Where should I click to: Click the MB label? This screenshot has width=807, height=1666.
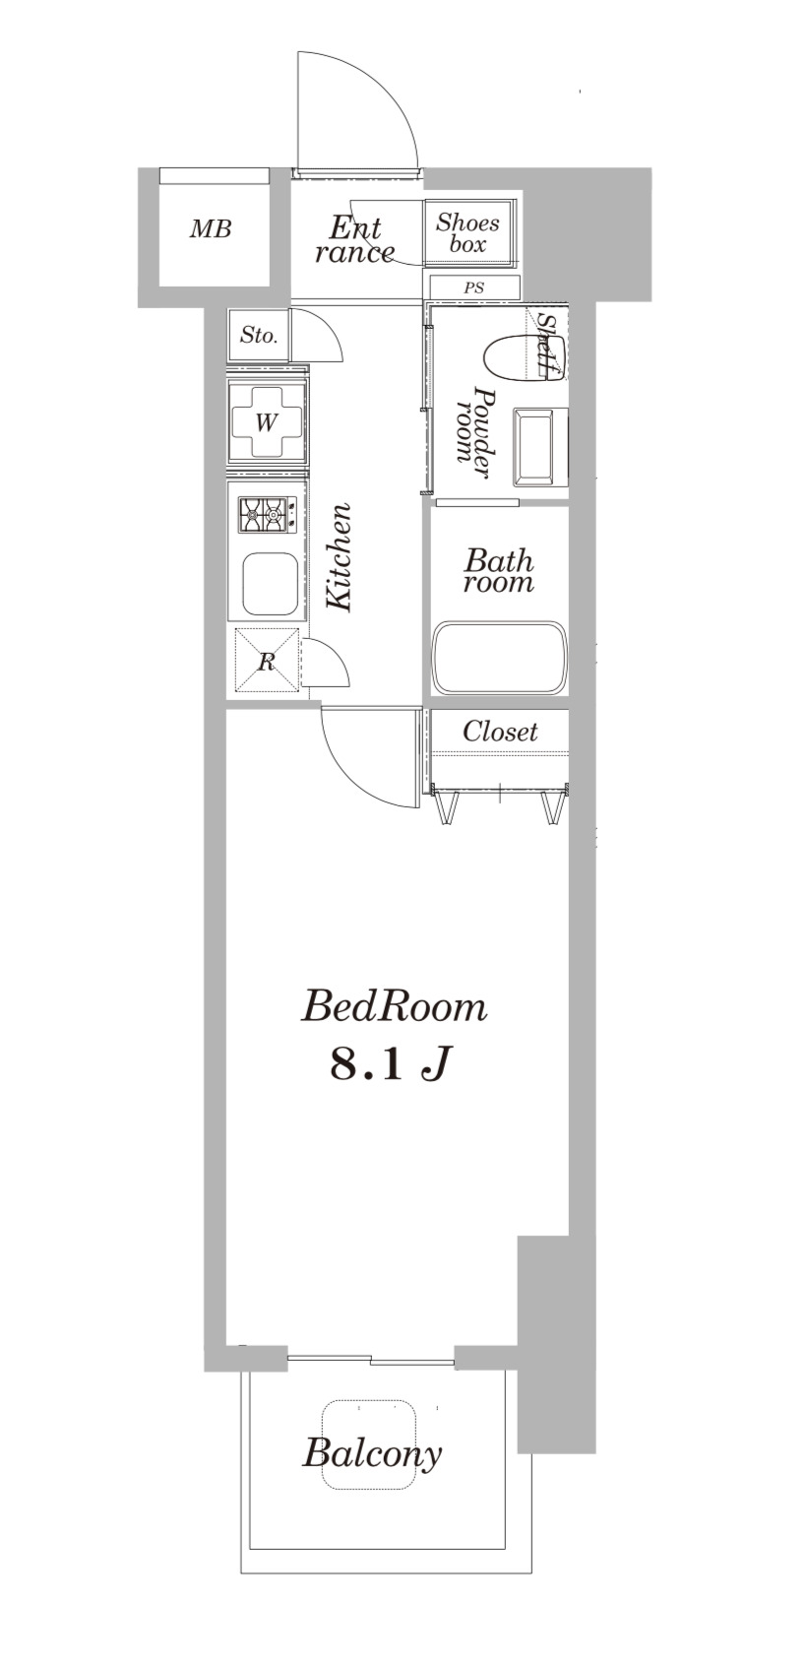[211, 229]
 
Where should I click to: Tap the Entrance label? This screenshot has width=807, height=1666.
[354, 240]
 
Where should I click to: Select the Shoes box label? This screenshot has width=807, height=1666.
[467, 233]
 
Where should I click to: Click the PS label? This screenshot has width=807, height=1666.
[473, 288]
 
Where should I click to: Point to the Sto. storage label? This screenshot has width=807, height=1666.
[259, 335]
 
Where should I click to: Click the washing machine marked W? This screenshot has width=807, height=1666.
[267, 422]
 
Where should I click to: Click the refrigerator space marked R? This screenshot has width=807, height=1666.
[267, 661]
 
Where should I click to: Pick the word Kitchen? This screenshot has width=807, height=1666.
[340, 557]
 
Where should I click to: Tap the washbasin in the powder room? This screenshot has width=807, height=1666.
[539, 447]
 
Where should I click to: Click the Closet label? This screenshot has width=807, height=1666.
[500, 732]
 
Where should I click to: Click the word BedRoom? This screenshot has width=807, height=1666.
[394, 1007]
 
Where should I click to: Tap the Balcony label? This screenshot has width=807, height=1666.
[372, 1452]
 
